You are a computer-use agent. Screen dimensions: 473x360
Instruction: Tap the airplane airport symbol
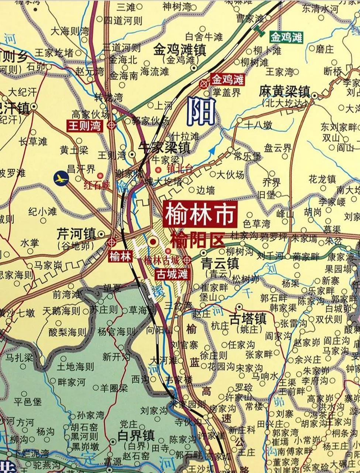(61, 178)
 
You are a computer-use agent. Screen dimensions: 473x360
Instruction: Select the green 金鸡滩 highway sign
(286, 37)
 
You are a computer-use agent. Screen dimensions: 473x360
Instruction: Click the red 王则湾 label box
(85, 126)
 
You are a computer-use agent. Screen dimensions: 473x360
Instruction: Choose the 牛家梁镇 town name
(165, 148)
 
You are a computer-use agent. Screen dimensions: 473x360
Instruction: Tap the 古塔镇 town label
(248, 319)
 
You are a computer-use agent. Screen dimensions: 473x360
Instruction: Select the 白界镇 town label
(136, 435)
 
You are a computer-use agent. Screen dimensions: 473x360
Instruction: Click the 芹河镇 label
(76, 234)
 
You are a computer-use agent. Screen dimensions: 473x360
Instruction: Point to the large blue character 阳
(201, 112)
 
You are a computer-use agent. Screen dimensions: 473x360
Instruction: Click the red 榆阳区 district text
(197, 241)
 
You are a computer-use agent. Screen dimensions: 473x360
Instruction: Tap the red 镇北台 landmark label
(180, 169)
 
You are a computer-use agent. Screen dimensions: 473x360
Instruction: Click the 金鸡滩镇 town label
(180, 50)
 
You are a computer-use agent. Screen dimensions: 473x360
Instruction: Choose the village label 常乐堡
(247, 156)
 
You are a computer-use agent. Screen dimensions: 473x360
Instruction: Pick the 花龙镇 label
(322, 180)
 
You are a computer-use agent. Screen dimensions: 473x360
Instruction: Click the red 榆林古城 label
(161, 260)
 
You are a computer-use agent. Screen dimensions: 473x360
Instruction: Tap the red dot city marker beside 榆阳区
(153, 242)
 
